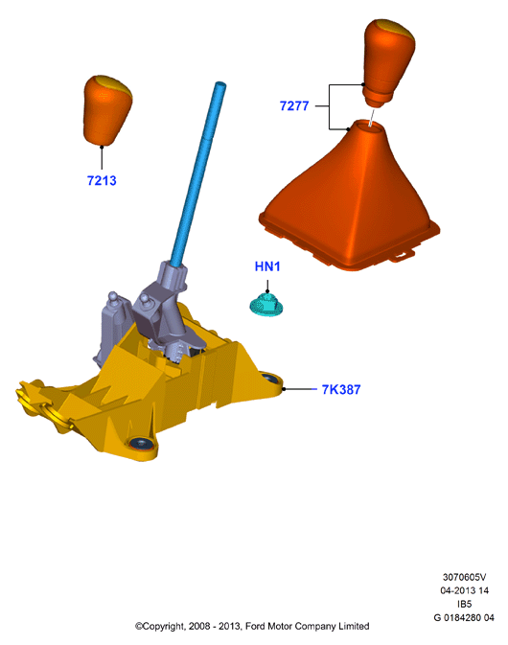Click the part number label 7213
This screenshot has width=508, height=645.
(x=102, y=180)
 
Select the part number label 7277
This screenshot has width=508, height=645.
(x=294, y=105)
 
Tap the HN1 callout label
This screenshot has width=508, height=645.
(x=267, y=266)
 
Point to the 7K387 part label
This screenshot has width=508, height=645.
(x=341, y=389)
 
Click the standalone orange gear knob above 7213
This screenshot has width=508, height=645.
(x=107, y=110)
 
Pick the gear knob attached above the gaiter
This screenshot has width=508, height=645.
(x=389, y=61)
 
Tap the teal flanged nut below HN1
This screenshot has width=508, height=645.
(x=266, y=305)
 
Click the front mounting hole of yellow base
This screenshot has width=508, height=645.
(x=141, y=445)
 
